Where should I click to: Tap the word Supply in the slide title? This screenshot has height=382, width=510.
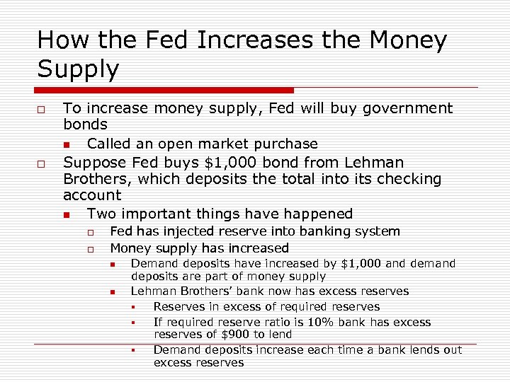79,69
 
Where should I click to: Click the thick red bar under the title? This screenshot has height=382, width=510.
166,91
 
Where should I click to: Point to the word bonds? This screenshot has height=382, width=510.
85,125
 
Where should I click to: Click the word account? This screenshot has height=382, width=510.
92,195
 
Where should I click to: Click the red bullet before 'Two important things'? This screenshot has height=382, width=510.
66,214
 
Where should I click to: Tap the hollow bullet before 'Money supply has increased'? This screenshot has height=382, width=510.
91,249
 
